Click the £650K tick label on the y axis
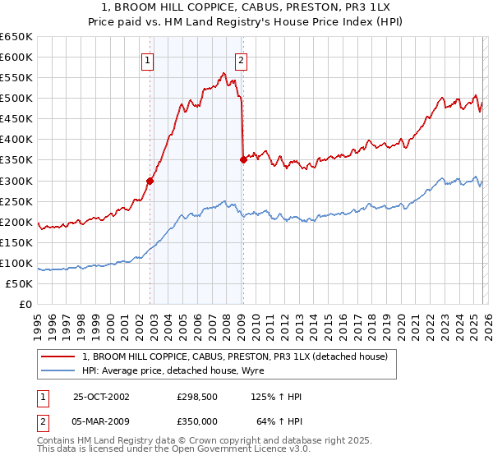click(x=16, y=37)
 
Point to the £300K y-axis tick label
click(x=16, y=181)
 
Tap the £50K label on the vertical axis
click(x=20, y=283)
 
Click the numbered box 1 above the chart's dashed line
click(x=147, y=59)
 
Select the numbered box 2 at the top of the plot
click(x=241, y=59)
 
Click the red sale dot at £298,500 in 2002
click(x=150, y=181)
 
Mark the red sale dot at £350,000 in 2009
click(x=242, y=160)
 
